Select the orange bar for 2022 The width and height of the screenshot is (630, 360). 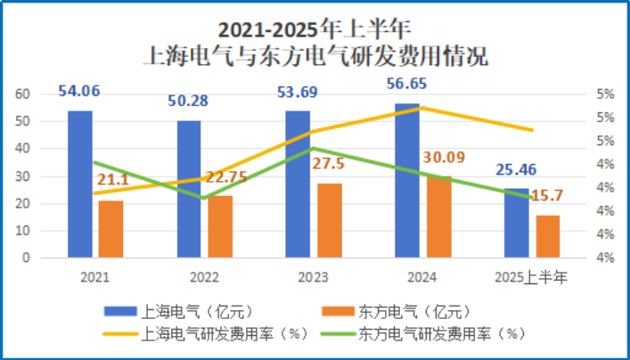click(x=219, y=226)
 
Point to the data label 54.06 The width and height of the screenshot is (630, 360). click(x=79, y=90)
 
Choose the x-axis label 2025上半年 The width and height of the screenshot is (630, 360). click(x=531, y=278)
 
